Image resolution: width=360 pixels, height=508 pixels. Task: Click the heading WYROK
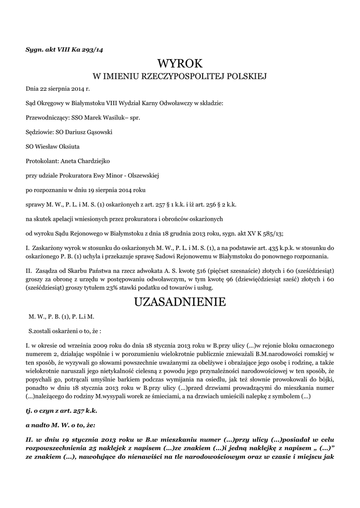point(180,63)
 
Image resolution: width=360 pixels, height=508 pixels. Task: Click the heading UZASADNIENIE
point(180,302)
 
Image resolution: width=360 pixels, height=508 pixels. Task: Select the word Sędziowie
point(41,133)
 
